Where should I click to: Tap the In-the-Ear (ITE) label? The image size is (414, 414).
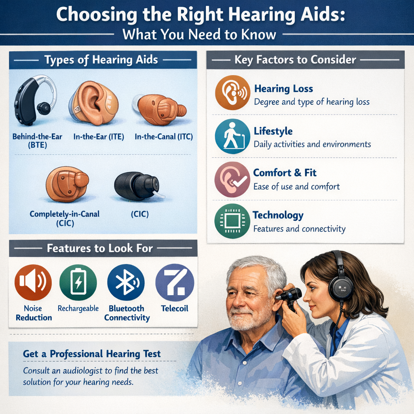(99, 137)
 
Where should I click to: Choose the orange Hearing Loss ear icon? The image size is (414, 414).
(232, 93)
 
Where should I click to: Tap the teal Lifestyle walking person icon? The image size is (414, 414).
(232, 136)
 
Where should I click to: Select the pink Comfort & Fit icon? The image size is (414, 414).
(232, 180)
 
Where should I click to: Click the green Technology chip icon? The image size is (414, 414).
(232, 221)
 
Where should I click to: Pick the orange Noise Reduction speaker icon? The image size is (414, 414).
(33, 283)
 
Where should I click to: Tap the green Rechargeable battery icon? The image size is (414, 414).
(78, 283)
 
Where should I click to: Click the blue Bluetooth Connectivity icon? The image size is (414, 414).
(126, 283)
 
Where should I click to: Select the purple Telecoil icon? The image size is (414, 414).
(175, 283)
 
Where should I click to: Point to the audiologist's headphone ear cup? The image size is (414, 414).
(340, 287)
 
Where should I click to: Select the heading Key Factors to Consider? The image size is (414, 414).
(295, 60)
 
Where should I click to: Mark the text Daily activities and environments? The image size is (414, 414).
(313, 144)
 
